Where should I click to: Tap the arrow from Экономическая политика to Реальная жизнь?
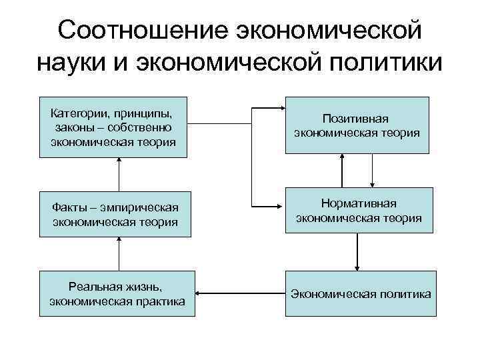pyautogui.click(x=240, y=293)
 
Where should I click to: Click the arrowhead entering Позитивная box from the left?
pyautogui.click(x=281, y=107)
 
